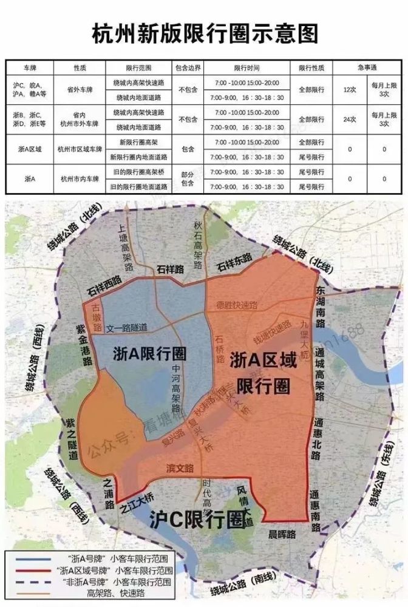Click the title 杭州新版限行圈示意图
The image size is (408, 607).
(204, 34)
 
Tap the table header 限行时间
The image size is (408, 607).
(246, 67)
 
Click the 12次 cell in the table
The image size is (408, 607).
(349, 89)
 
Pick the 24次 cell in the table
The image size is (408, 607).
(349, 120)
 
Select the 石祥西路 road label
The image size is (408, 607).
(104, 287)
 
